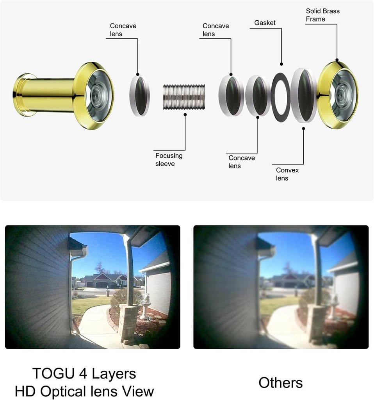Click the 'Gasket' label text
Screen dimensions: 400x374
point(265,23)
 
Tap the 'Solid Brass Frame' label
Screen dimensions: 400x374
point(322,15)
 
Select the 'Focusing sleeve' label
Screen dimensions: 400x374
point(169,159)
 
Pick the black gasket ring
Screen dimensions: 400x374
point(280,96)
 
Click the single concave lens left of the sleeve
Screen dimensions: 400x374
point(139,96)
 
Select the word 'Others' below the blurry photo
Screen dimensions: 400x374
point(280,382)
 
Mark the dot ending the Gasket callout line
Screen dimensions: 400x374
point(281,64)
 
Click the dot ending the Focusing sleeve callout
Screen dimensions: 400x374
point(185,114)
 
